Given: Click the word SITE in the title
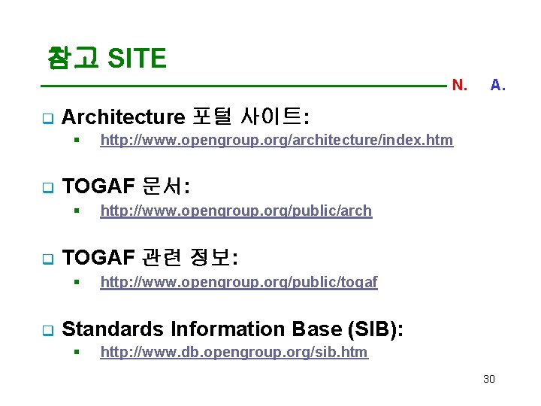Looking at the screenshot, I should pos(137,58).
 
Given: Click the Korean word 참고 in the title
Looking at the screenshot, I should pos(73,58).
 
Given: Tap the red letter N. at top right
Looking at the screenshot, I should pos(459,86).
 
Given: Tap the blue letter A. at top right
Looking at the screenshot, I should pos(497,86).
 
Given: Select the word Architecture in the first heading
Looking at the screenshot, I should pos(123,117).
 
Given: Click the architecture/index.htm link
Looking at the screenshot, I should pos(277,140).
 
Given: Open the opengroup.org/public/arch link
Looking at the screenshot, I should pos(236,211).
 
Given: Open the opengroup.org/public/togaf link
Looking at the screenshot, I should pos(239,282).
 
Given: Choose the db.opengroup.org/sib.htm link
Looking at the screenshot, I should pos(234,352).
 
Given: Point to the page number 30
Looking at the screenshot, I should pos(489,379).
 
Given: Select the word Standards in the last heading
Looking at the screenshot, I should pos(113,329).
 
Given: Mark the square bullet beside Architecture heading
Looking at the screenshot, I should pos(45,118).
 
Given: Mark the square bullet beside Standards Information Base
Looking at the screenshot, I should pos(45,330).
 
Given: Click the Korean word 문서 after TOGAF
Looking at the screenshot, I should pos(165,187).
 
